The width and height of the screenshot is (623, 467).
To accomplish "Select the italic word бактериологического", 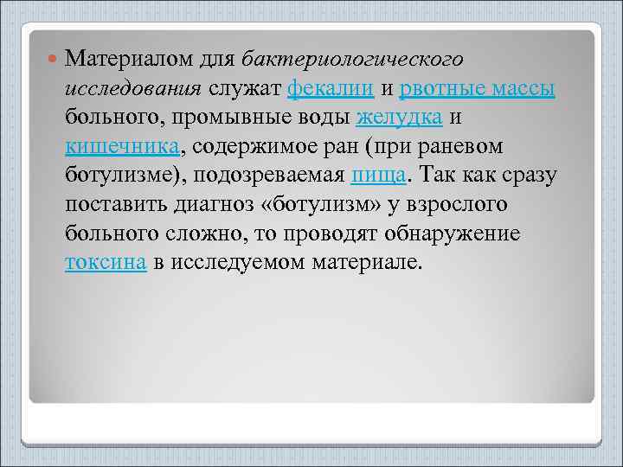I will click(x=353, y=59).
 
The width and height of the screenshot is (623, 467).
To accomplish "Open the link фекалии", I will click(x=331, y=88).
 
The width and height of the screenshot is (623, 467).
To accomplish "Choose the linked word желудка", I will click(x=400, y=118).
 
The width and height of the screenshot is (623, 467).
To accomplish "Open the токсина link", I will click(x=105, y=264).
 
